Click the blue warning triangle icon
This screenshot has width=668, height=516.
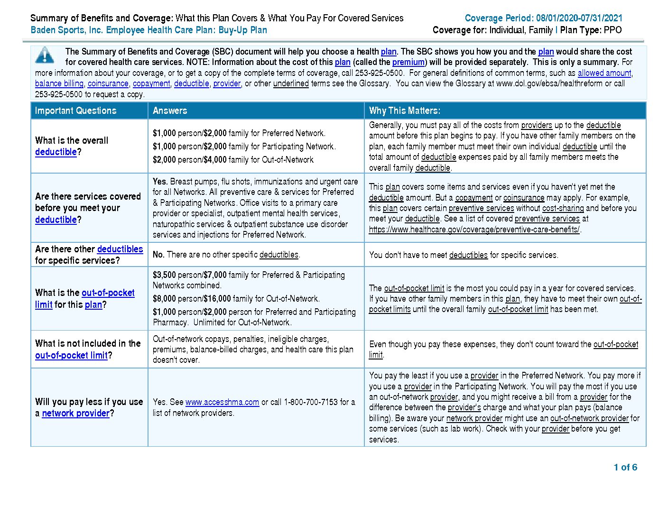pyautogui.click(x=45, y=55)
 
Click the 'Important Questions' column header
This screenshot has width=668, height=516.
pyautogui.click(x=75, y=111)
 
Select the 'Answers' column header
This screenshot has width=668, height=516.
pyautogui.click(x=170, y=111)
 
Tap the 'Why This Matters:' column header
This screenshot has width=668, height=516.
pyautogui.click(x=404, y=111)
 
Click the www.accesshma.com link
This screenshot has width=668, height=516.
pyautogui.click(x=222, y=402)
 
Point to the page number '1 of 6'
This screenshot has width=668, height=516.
pyautogui.click(x=625, y=467)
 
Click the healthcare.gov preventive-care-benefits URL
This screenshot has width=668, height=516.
pyautogui.click(x=474, y=230)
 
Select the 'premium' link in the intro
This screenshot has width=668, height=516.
pyautogui.click(x=408, y=62)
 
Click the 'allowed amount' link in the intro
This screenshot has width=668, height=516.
pyautogui.click(x=604, y=73)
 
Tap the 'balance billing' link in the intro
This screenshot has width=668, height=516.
pyautogui.click(x=59, y=83)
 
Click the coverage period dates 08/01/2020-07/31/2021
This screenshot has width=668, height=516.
pyautogui.click(x=579, y=18)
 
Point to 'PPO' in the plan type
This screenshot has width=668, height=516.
pyautogui.click(x=612, y=30)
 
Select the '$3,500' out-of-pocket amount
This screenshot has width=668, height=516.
pyautogui.click(x=164, y=275)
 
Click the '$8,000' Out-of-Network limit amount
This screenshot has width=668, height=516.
pyautogui.click(x=164, y=299)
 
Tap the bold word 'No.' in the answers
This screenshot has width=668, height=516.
pyautogui.click(x=158, y=255)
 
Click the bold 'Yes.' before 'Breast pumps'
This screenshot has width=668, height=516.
pyautogui.click(x=160, y=182)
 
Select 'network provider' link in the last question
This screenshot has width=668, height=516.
pyautogui.click(x=75, y=413)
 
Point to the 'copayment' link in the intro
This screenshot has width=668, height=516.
pyautogui.click(x=151, y=83)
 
